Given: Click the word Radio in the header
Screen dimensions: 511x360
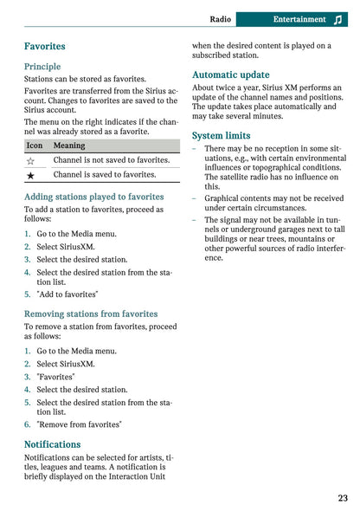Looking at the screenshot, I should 221,19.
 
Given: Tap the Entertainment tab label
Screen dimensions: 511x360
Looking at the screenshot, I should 299,19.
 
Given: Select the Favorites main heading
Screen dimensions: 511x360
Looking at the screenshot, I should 44,46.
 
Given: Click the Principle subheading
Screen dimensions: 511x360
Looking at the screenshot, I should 42,67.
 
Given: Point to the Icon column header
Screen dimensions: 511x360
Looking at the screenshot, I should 35,146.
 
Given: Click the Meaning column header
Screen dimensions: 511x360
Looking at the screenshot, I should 69,146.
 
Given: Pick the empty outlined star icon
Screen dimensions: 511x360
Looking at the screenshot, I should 31,160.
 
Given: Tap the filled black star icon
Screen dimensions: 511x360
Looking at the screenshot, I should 31,175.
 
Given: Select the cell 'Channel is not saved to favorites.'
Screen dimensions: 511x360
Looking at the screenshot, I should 111,160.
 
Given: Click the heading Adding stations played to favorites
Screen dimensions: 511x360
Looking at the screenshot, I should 93,197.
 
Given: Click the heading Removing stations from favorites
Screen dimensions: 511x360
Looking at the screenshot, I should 91,314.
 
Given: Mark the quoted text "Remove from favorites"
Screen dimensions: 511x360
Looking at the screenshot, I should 79,424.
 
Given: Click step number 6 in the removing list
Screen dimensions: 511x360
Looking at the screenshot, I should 27,424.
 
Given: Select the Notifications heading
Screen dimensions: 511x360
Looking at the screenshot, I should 52,444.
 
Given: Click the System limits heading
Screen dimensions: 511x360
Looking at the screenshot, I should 221,136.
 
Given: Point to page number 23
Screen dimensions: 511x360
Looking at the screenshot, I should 343,498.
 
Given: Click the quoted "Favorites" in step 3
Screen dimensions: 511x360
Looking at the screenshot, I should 55,377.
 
